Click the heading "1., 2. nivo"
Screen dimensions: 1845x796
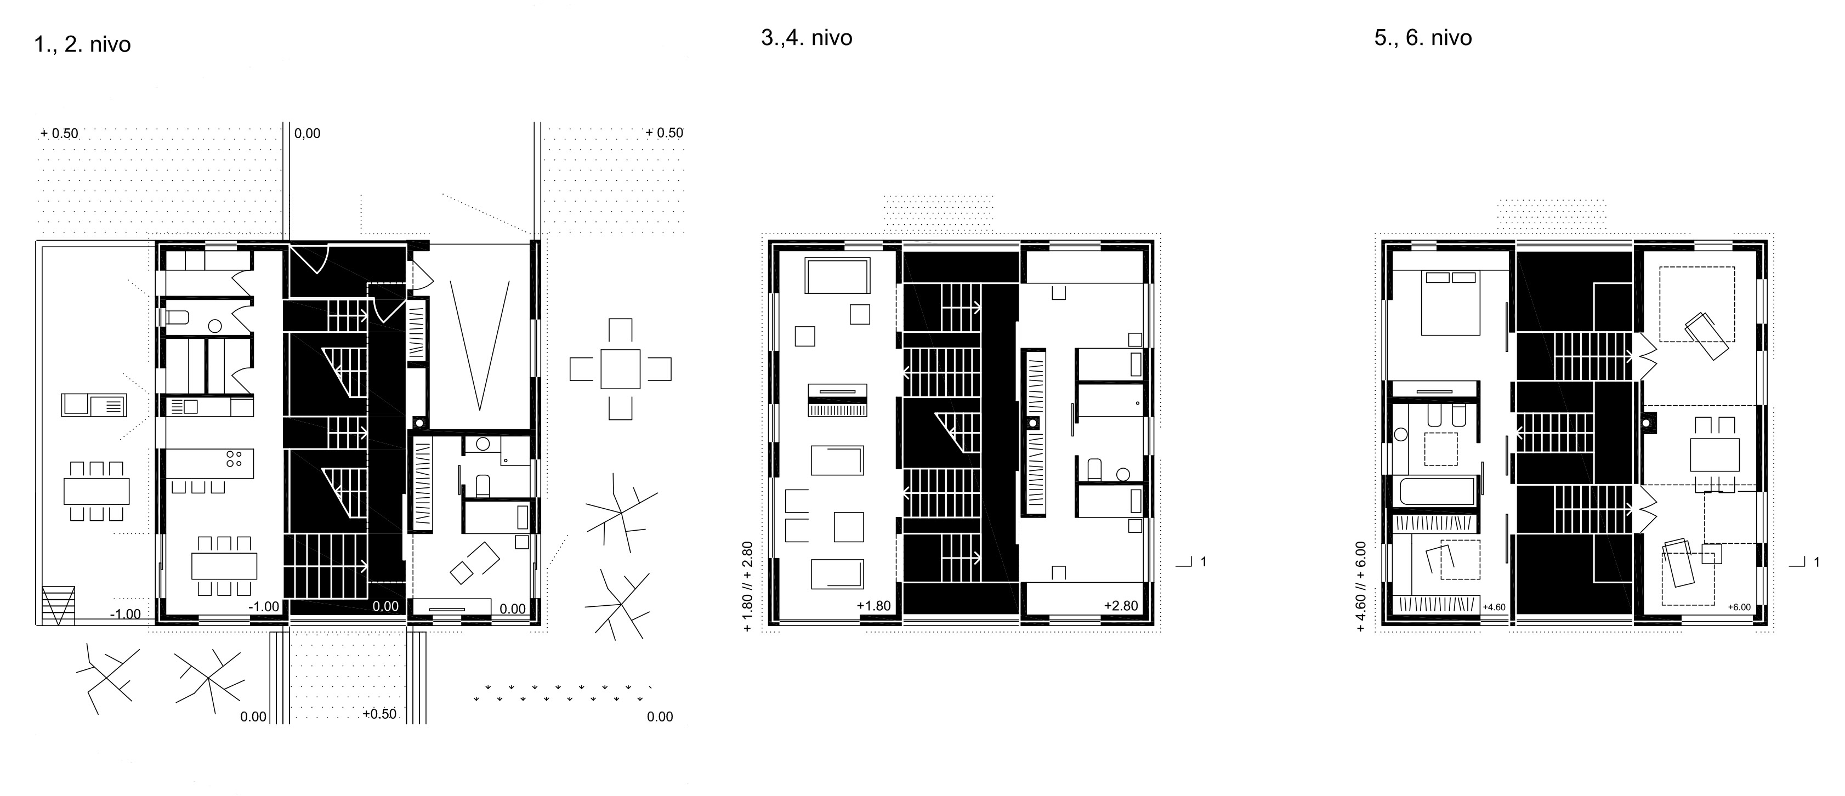pyautogui.click(x=82, y=44)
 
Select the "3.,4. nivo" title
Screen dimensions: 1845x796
pyautogui.click(x=807, y=37)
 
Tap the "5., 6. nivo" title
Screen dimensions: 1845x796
pyautogui.click(x=1422, y=37)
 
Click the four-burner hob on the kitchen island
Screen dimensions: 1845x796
pyautogui.click(x=234, y=459)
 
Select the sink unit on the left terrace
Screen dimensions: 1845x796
pyautogui.click(x=94, y=405)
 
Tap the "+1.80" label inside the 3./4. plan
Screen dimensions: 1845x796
pyautogui.click(x=873, y=606)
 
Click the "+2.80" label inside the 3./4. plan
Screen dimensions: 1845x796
pyautogui.click(x=1120, y=606)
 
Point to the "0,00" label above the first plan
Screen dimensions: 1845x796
pyautogui.click(x=307, y=133)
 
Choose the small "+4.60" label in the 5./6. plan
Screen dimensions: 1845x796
pyautogui.click(x=1494, y=607)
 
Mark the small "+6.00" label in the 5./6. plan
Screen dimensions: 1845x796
pyautogui.click(x=1739, y=607)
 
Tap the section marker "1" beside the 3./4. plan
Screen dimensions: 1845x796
pyautogui.click(x=1204, y=561)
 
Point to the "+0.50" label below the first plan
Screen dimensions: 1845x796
pyautogui.click(x=379, y=714)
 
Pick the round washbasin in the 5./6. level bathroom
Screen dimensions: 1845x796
pyautogui.click(x=1400, y=434)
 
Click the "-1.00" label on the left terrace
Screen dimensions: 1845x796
pyautogui.click(x=126, y=614)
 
